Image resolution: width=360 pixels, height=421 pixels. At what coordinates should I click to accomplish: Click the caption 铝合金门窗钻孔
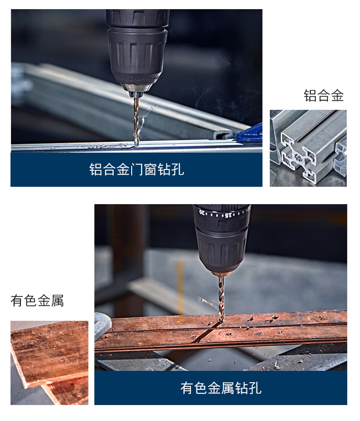[136, 169]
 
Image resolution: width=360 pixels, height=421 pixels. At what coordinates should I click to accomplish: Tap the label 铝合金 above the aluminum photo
[324, 96]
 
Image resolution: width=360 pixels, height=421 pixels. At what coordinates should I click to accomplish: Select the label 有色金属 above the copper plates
[37, 300]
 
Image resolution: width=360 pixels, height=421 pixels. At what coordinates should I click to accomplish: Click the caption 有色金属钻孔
[221, 388]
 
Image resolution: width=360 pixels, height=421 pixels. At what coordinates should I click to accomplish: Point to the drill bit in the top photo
[136, 121]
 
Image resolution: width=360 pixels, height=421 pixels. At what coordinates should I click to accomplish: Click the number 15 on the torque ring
[228, 215]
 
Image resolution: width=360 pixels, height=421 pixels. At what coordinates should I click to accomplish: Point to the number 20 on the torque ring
[202, 212]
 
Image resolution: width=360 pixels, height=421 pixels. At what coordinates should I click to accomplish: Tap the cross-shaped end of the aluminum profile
[298, 157]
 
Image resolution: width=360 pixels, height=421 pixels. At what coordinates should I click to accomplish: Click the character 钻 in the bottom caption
[241, 388]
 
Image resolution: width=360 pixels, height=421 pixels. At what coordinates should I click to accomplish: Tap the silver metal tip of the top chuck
[136, 90]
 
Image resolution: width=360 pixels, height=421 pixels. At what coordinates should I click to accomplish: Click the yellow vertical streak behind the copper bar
[180, 288]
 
